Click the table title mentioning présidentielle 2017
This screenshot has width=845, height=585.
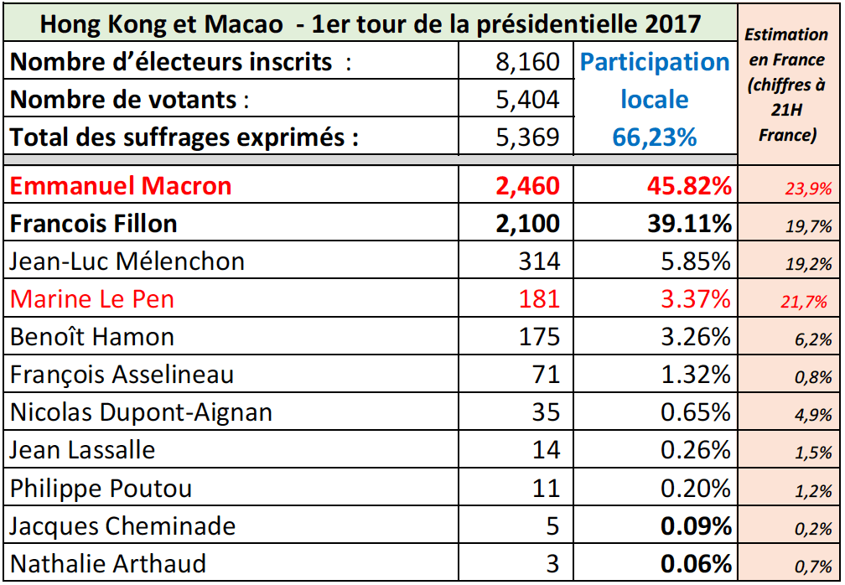coord(371,23)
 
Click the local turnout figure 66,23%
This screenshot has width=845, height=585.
coord(655,137)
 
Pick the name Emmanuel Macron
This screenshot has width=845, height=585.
coord(121,185)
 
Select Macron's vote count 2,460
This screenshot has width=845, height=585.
coord(526,185)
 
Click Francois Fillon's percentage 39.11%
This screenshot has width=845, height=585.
coord(683,224)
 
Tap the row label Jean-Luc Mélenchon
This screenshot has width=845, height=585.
coord(127,261)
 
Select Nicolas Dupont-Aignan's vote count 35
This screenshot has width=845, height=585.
coord(546,412)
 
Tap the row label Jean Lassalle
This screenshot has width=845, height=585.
coord(83,450)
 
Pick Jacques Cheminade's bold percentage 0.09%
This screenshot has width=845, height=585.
coord(695,526)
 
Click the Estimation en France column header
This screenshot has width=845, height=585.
coord(786,84)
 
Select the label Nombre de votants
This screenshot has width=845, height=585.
coord(129,100)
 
